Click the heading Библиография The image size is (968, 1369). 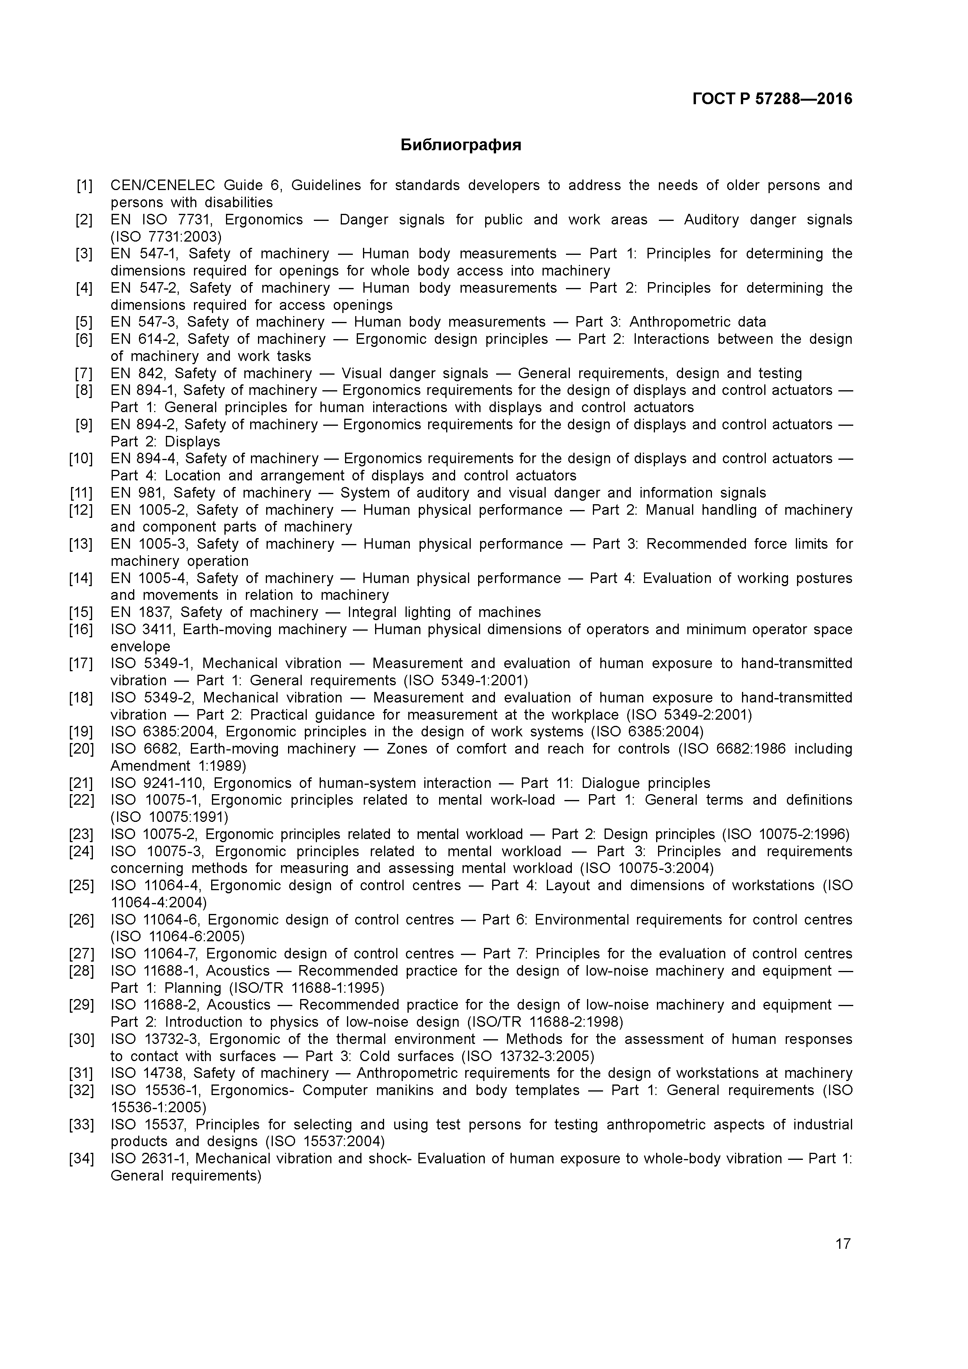(x=461, y=145)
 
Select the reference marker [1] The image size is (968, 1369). (x=84, y=185)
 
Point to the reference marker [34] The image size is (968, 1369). (x=81, y=1159)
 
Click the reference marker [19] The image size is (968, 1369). (x=81, y=732)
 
